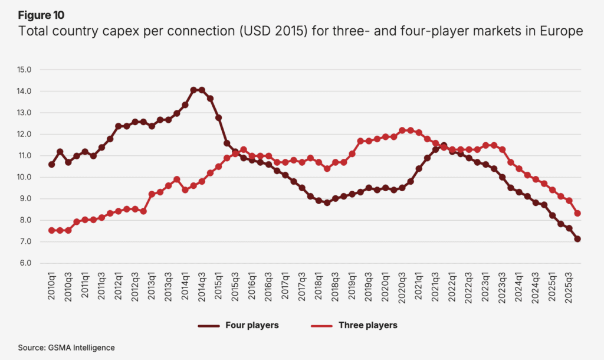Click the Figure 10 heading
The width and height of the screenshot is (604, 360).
pos(41,15)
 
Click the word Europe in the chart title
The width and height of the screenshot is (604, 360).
pos(562,31)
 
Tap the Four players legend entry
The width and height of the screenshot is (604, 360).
pos(238,325)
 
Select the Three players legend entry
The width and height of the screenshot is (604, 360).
pos(354,325)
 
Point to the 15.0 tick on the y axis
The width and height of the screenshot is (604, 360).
pos(24,70)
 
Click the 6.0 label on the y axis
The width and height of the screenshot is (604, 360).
pos(24,263)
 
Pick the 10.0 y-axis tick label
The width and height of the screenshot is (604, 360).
pos(24,177)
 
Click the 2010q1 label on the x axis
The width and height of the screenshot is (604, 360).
pos(52,286)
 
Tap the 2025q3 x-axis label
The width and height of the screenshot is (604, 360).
pos(569,287)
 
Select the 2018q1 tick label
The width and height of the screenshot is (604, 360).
pos(319,286)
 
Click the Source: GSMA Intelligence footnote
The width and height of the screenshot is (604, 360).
pos(66,348)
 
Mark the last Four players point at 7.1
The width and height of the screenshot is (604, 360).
pos(577,239)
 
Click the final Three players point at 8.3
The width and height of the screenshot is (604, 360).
pos(577,213)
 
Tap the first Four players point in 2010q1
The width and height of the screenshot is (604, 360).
pos(52,165)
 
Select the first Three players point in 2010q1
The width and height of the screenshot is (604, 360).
pos(52,231)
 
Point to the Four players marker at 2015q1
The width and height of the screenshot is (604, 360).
pos(218,117)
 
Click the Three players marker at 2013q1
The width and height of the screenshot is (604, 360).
pos(152,194)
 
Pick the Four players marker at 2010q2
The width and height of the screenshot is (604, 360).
pos(60,152)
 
